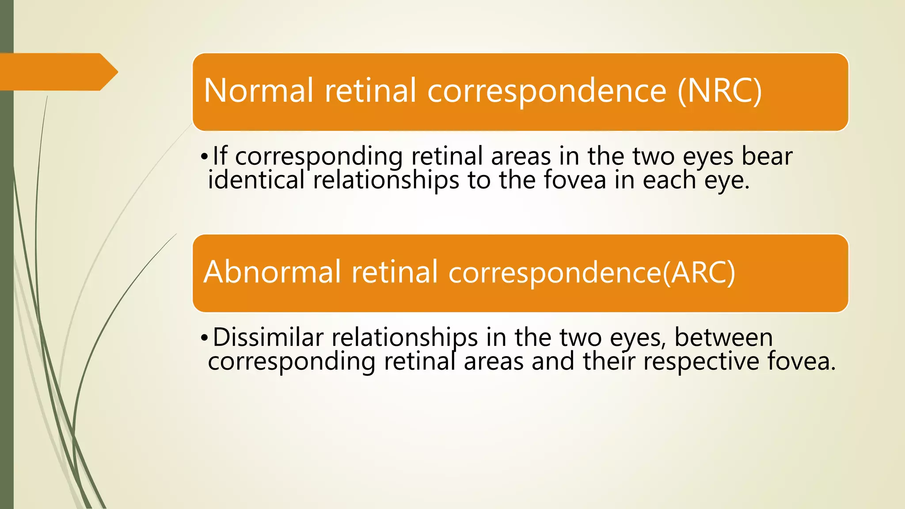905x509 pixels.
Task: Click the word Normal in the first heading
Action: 259,91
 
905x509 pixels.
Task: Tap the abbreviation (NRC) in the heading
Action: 719,91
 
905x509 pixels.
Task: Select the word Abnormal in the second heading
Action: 272,272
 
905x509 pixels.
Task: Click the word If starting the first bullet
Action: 220,156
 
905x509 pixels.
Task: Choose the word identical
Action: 256,180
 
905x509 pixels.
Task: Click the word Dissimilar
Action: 268,337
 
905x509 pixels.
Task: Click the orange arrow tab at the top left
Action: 57,72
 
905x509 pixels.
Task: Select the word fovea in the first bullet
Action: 574,180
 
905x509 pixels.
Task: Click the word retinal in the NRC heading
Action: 371,91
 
